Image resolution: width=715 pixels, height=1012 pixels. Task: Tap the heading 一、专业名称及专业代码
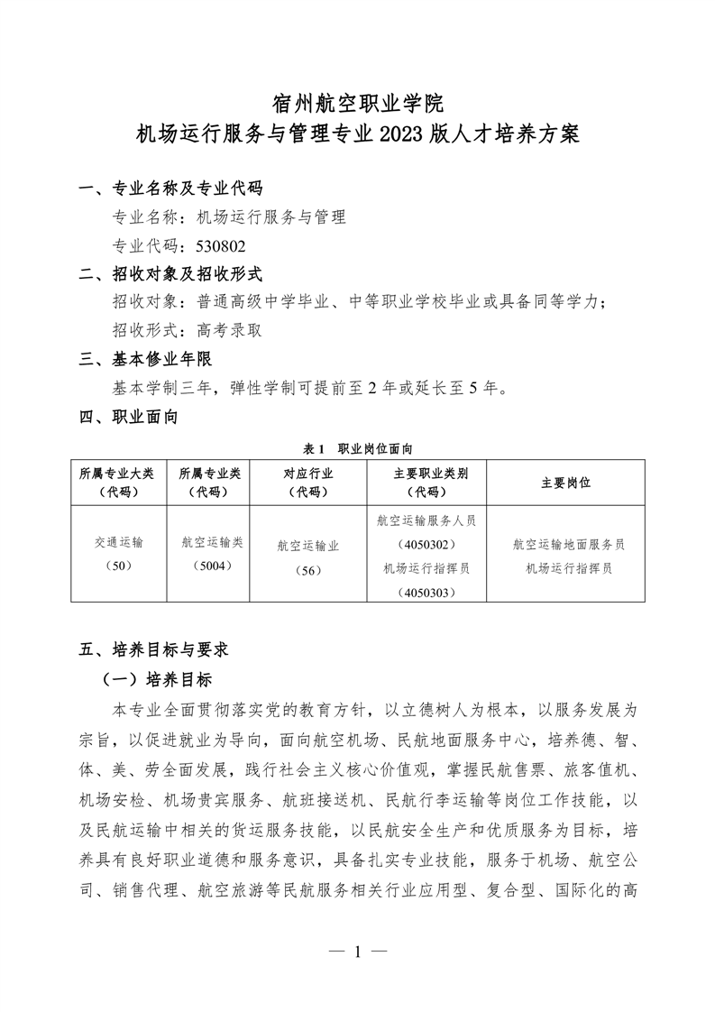pyautogui.click(x=170, y=189)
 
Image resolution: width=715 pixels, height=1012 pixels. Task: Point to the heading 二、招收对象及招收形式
pyautogui.click(x=170, y=273)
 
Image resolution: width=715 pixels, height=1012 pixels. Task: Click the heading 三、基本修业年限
pyautogui.click(x=145, y=359)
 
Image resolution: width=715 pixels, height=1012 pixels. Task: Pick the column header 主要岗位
pyautogui.click(x=565, y=483)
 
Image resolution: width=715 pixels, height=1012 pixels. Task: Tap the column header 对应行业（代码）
pyautogui.click(x=308, y=483)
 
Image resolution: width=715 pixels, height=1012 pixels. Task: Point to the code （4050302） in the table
pyautogui.click(x=426, y=545)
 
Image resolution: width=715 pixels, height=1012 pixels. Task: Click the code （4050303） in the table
pyautogui.click(x=426, y=593)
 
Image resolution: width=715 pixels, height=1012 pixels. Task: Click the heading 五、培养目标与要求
pyautogui.click(x=158, y=649)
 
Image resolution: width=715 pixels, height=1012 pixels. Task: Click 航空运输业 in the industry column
pyautogui.click(x=308, y=545)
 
